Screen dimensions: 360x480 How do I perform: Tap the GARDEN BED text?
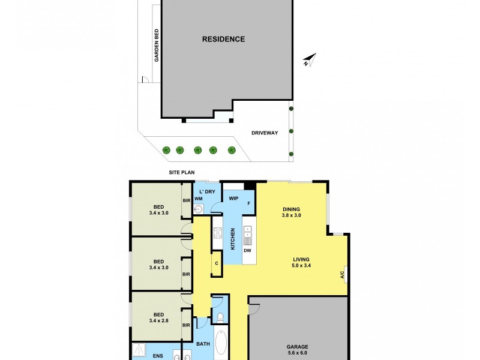pyautogui.click(x=156, y=47)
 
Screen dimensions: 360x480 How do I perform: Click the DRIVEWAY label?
pyautogui.click(x=264, y=133)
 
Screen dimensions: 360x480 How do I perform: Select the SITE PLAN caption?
pyautogui.click(x=181, y=173)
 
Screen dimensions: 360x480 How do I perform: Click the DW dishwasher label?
pyautogui.click(x=247, y=250)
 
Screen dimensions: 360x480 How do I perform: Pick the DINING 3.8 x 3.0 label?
pyautogui.click(x=292, y=212)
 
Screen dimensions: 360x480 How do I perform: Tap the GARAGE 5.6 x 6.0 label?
pyautogui.click(x=298, y=350)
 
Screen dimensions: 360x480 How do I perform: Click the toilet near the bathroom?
pyautogui.click(x=220, y=316)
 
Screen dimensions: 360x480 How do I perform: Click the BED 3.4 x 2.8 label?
pyautogui.click(x=158, y=318)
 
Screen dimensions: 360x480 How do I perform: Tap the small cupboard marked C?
pyautogui.click(x=216, y=262)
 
